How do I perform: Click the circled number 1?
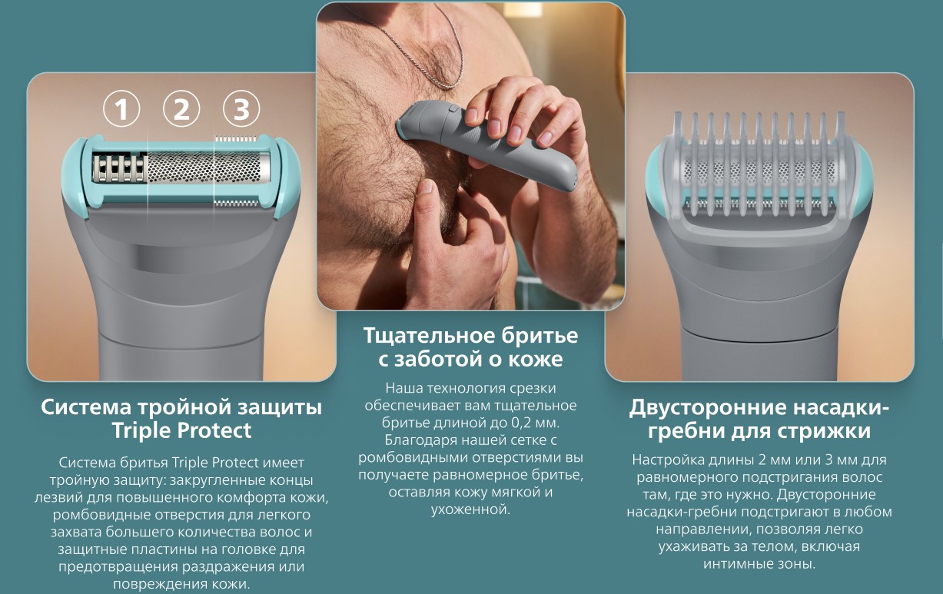121,108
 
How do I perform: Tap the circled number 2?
181,108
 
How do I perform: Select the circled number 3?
241,108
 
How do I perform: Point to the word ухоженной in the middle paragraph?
470,509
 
